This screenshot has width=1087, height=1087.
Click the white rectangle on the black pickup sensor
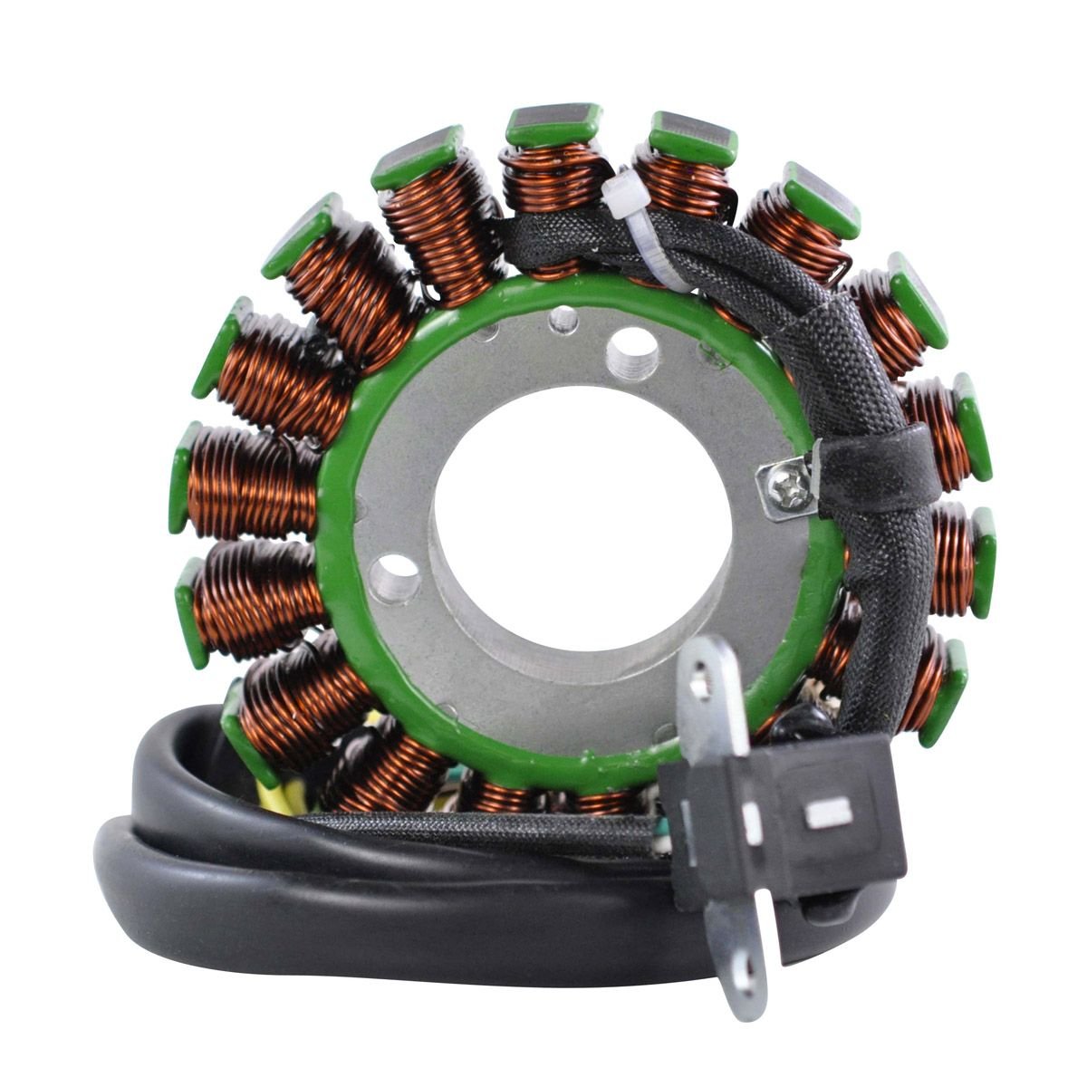(x=828, y=813)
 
